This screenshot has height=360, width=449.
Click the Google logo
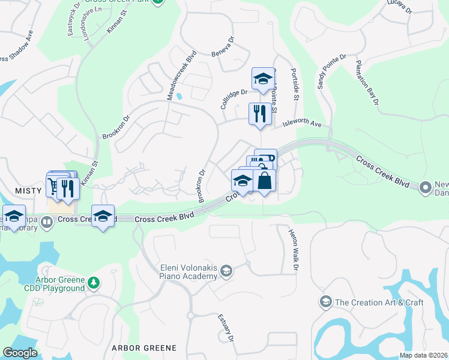(20, 353)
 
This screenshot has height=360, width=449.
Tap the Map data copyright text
(424, 355)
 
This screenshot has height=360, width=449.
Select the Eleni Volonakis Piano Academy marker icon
(226, 271)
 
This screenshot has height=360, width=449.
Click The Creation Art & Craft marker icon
(326, 301)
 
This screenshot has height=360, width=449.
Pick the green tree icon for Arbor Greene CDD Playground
(93, 282)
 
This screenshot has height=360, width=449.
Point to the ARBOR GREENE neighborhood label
(144, 348)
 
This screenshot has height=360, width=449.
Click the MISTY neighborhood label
(21, 190)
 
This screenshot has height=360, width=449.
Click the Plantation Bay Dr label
(367, 83)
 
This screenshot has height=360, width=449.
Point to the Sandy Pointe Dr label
(332, 72)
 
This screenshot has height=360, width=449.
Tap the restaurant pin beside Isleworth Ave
(260, 114)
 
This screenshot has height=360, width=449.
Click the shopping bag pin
(265, 179)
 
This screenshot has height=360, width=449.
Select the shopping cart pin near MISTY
(54, 187)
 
